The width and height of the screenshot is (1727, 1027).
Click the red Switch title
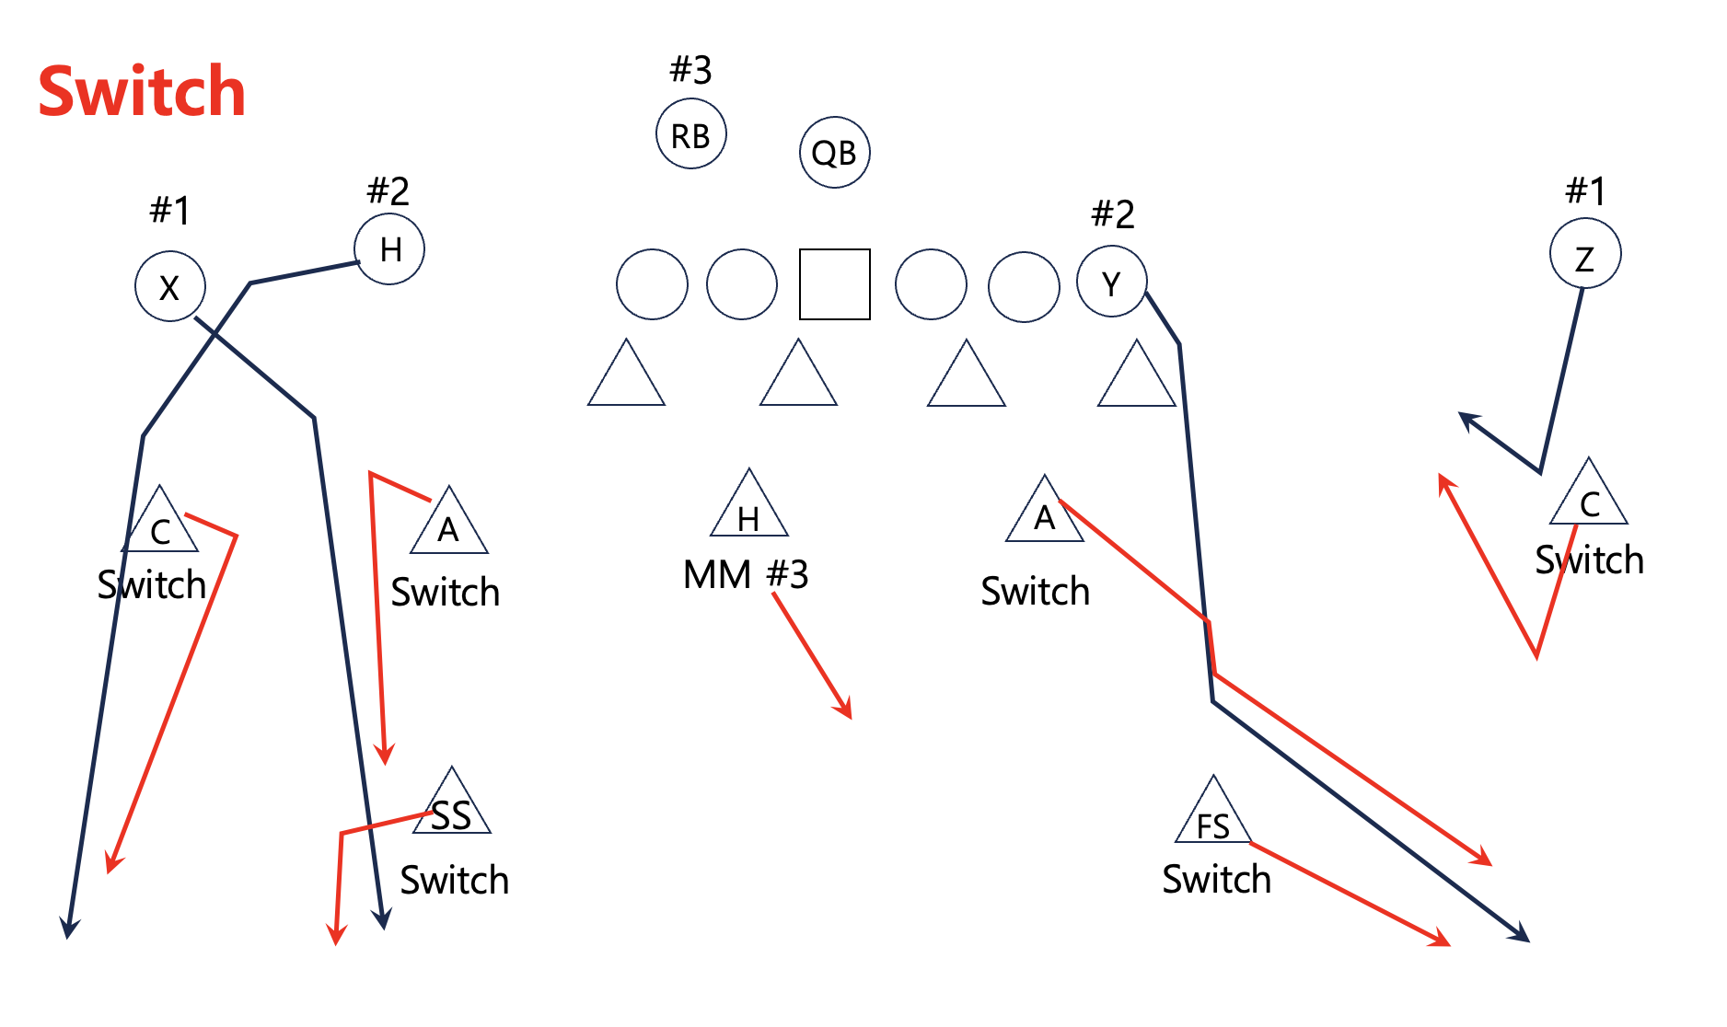(142, 92)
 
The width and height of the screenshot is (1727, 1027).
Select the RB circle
(690, 134)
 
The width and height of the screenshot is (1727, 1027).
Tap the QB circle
(834, 153)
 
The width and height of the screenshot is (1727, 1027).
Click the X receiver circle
(169, 286)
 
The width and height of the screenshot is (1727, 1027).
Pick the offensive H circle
(389, 248)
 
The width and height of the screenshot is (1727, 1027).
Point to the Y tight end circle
(1111, 282)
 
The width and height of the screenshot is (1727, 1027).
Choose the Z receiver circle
(1584, 254)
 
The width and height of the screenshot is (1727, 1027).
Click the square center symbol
(834, 283)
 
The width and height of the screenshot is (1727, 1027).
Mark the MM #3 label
(746, 575)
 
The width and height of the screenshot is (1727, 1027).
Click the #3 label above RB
(690, 70)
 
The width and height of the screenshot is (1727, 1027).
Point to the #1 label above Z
(1585, 191)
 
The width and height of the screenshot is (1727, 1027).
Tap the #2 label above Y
(1112, 215)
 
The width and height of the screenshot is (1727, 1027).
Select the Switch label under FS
(1216, 880)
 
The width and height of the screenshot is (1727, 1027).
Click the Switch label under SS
(454, 881)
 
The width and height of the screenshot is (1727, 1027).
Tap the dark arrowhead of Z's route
(1467, 421)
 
